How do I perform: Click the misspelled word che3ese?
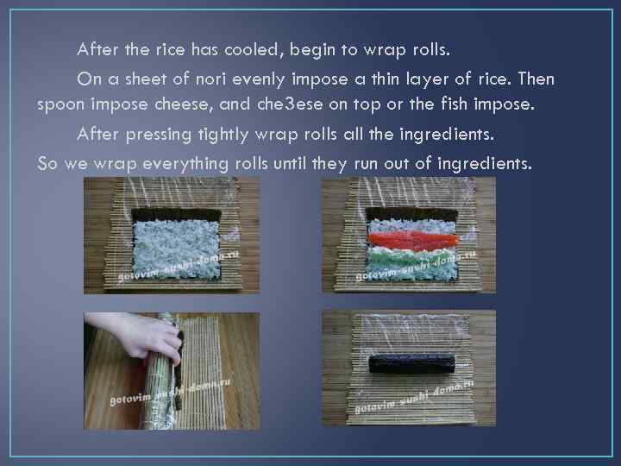click(x=285, y=104)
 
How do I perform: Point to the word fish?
click(x=455, y=104)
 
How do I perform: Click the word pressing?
click(x=159, y=135)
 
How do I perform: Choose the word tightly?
click(x=223, y=135)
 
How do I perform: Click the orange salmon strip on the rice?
click(x=412, y=240)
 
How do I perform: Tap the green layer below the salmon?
click(x=412, y=261)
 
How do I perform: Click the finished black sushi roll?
click(x=412, y=364)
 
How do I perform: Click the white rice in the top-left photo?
click(x=176, y=249)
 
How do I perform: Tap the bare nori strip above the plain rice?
click(x=176, y=215)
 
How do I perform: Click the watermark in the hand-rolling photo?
click(x=170, y=393)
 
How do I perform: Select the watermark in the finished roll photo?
click(x=414, y=398)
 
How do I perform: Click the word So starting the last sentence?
click(x=47, y=164)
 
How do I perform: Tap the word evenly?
click(x=258, y=79)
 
